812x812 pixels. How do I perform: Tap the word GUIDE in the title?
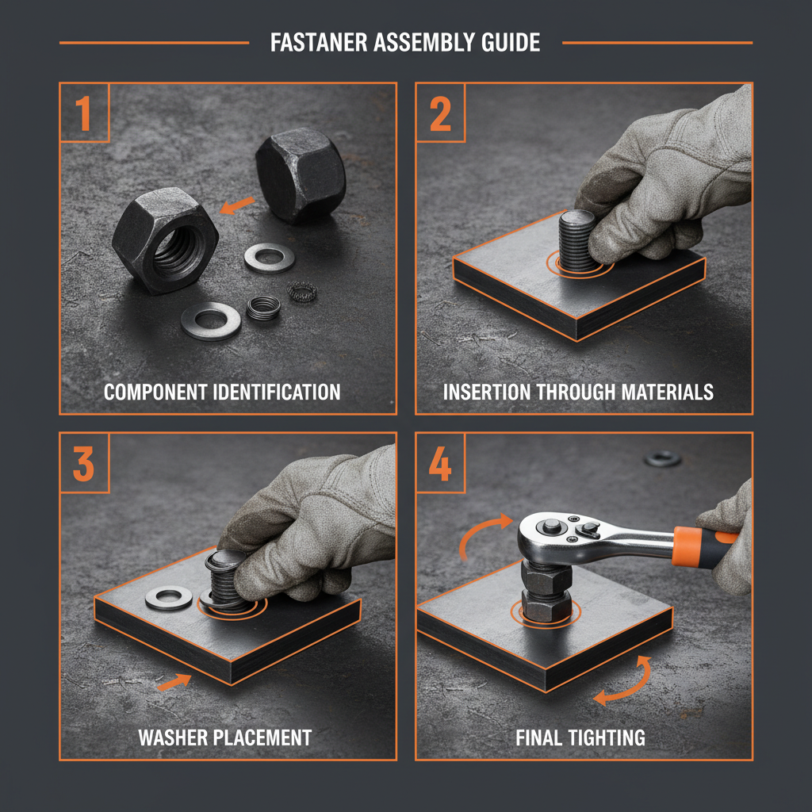[507, 42]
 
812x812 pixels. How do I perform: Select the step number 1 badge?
[84, 114]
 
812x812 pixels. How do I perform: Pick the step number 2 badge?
[440, 114]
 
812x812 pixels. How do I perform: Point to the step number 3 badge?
[84, 464]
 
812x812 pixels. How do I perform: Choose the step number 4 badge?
[440, 464]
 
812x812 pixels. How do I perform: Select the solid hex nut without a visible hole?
[300, 176]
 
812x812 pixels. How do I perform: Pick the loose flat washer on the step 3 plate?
[168, 598]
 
